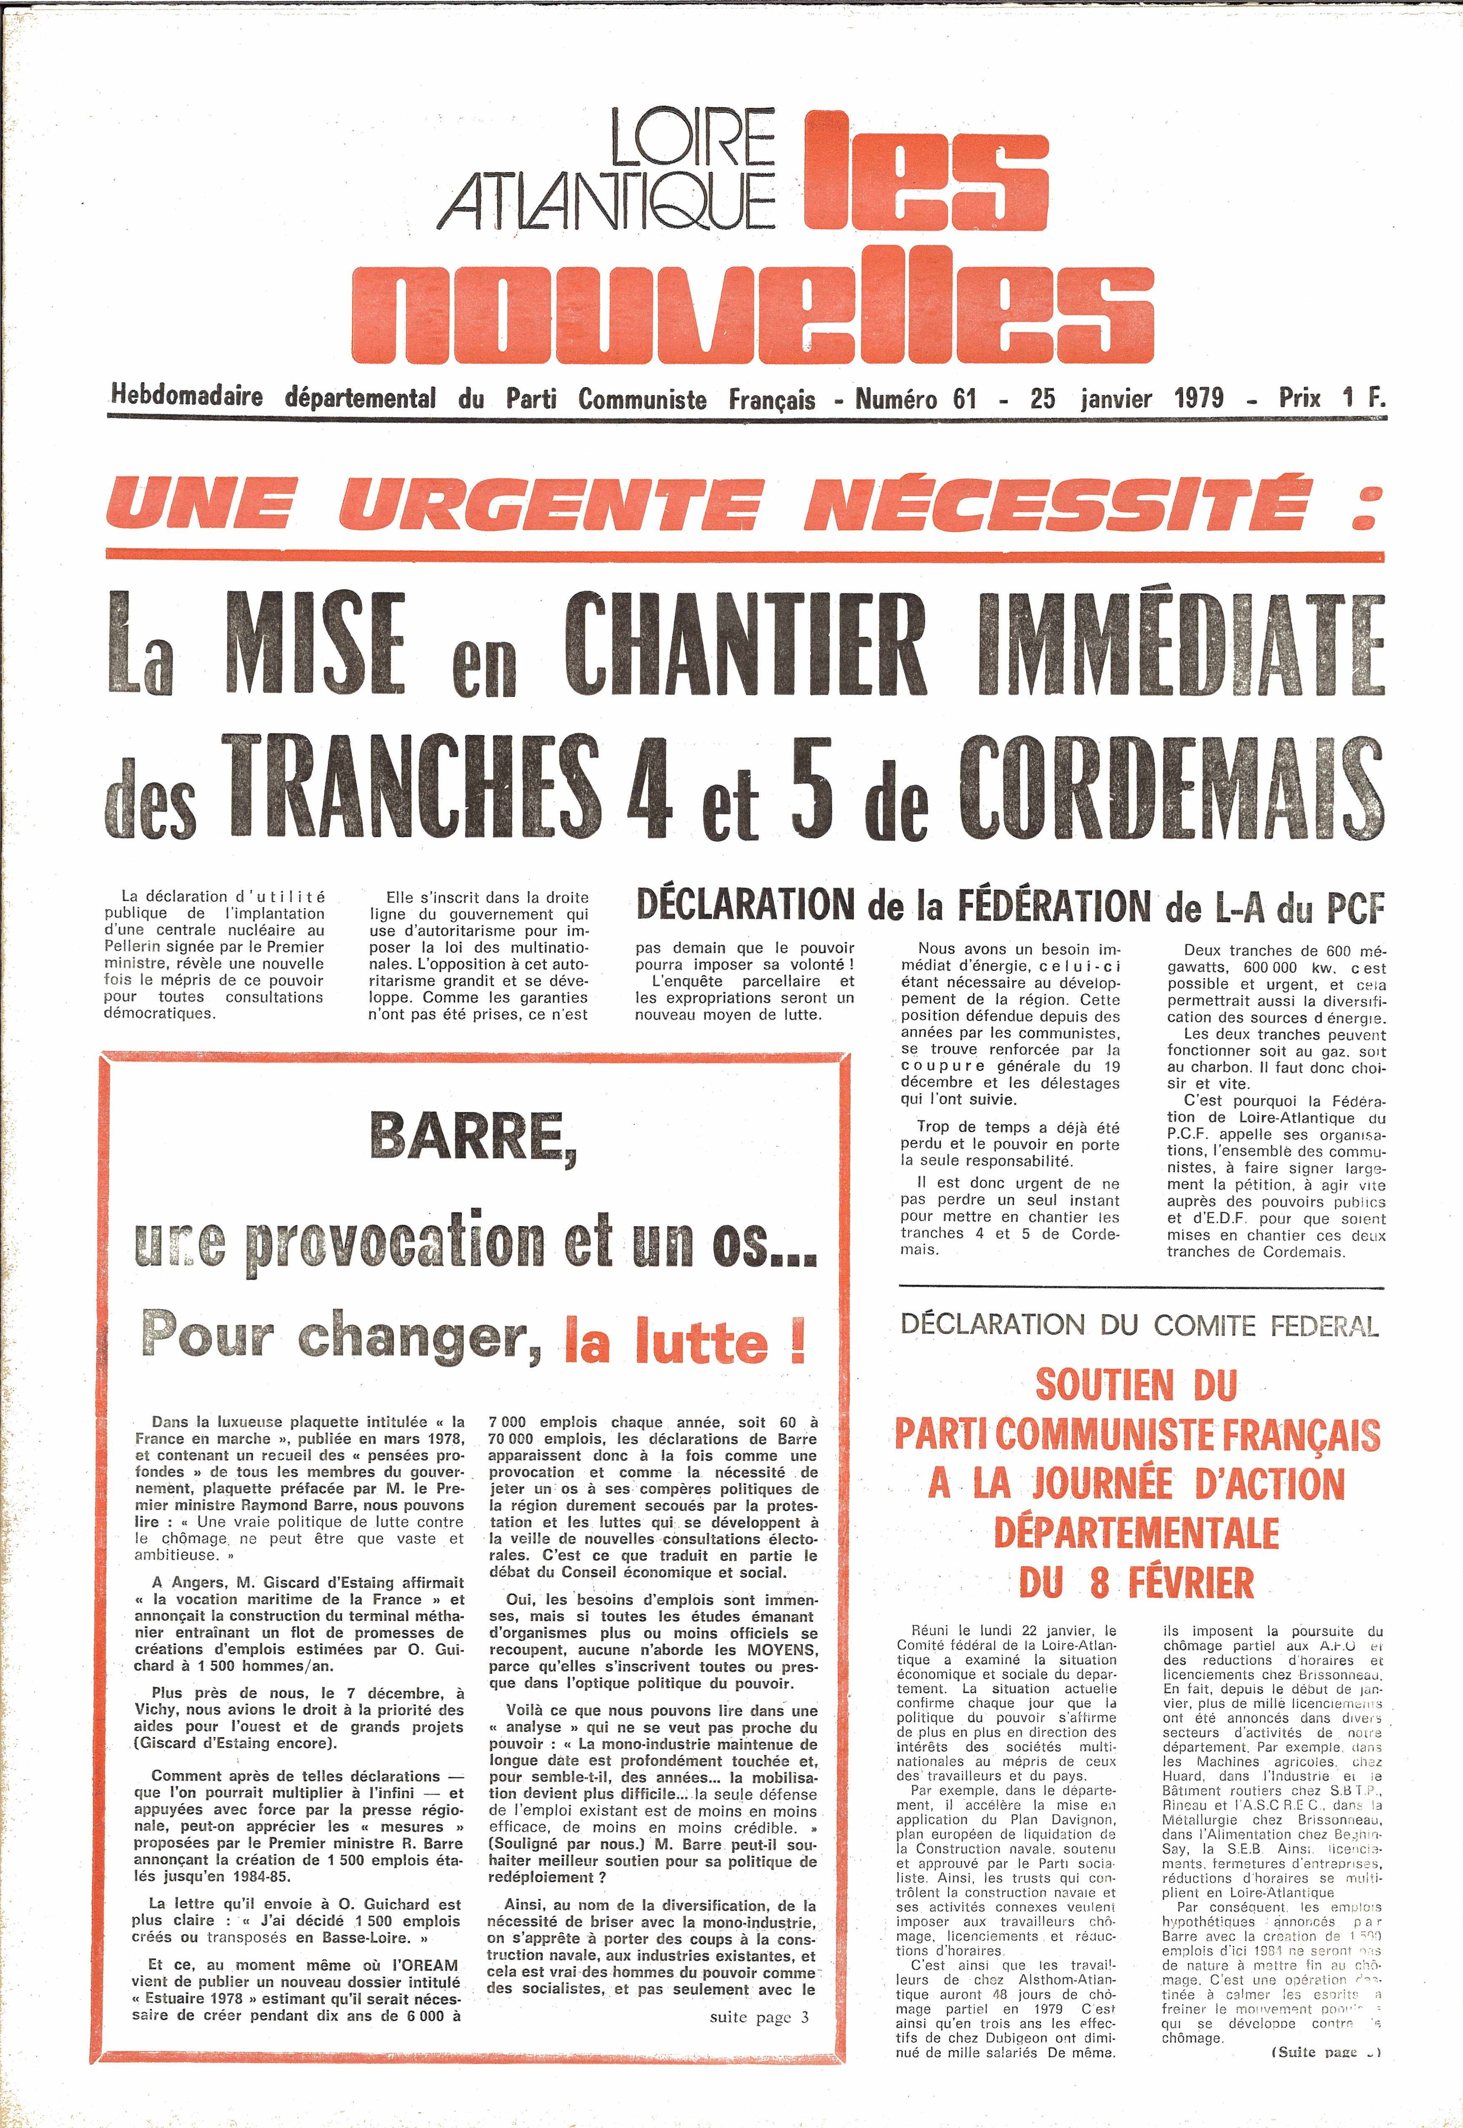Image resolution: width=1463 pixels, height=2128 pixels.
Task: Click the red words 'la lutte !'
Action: pos(686,1343)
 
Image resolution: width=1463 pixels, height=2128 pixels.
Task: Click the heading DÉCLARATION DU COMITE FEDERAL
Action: pos(1139,1325)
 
